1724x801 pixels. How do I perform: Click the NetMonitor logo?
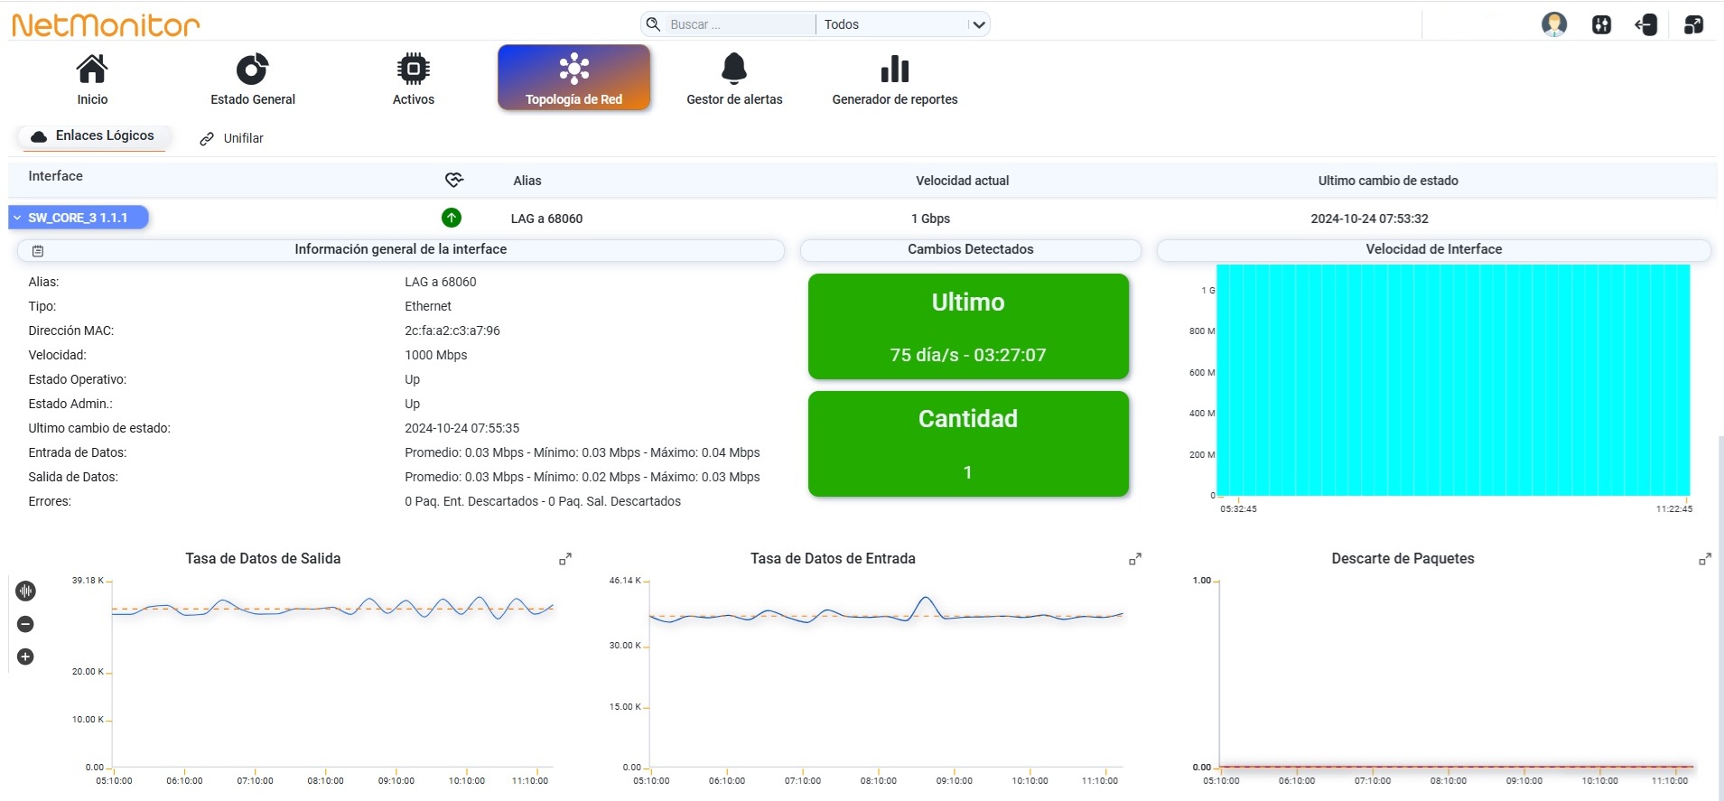pos(106,24)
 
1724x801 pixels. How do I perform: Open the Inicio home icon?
pos(92,69)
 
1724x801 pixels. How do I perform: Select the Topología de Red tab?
pos(573,78)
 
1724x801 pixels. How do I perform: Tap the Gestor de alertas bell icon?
pos(734,69)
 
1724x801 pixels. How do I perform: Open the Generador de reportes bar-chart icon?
pos(894,69)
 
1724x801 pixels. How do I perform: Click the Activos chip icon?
pos(414,69)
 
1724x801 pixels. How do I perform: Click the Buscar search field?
pos(740,24)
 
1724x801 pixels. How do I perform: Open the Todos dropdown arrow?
pos(978,24)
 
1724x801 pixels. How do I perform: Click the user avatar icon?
pos(1553,24)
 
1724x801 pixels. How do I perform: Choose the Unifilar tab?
pos(232,138)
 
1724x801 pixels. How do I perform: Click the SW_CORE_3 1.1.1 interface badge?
pos(79,218)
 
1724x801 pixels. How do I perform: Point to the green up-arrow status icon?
pos(452,218)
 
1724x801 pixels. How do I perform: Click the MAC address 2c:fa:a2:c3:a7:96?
pos(452,331)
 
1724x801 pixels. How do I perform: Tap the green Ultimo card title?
pos(968,303)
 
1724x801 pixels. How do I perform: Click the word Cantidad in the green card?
pos(968,419)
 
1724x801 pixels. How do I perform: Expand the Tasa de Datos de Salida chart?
pos(565,560)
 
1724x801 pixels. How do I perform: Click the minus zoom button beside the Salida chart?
pos(25,624)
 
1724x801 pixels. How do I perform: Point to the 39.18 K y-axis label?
pos(88,581)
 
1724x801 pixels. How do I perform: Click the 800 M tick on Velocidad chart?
pos(1202,331)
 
